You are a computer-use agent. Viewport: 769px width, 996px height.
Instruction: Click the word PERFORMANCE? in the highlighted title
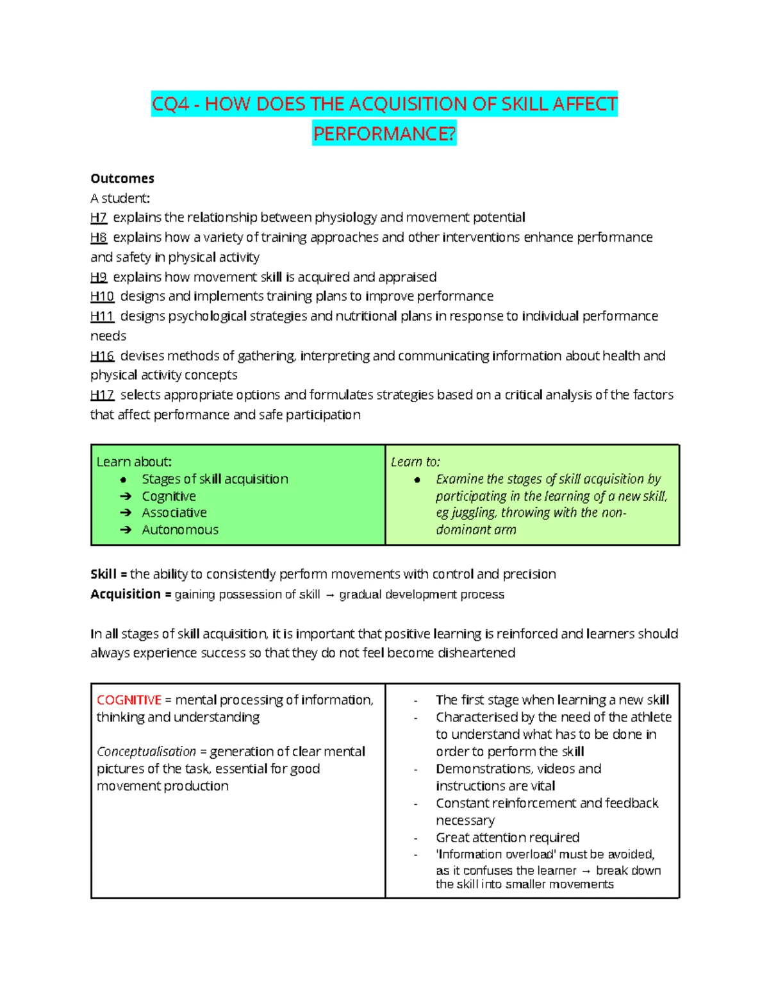click(x=384, y=133)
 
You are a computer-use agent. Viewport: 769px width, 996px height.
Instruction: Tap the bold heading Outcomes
click(x=122, y=178)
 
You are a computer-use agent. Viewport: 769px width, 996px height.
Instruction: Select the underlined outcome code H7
click(x=98, y=217)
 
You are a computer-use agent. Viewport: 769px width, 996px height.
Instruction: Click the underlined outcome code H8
click(x=99, y=237)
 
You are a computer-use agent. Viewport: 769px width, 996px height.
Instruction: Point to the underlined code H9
click(x=99, y=277)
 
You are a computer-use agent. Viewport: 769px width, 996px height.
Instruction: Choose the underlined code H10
click(x=102, y=296)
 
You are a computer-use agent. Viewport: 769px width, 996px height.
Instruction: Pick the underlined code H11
click(x=102, y=316)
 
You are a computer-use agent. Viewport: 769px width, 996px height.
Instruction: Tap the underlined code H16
click(x=102, y=356)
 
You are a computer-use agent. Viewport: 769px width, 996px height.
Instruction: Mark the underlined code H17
click(x=102, y=395)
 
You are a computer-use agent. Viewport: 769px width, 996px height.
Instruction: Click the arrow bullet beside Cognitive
click(x=126, y=496)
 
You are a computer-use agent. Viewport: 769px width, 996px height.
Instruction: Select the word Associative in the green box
click(x=174, y=513)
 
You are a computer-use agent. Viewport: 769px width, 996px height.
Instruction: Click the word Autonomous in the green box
click(x=180, y=530)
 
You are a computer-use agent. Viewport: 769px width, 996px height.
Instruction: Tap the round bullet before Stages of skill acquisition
click(x=124, y=480)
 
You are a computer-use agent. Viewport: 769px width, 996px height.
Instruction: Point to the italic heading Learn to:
click(x=415, y=462)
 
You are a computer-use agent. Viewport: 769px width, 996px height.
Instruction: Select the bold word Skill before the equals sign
click(x=104, y=574)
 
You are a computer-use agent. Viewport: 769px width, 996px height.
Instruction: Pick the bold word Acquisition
click(x=126, y=594)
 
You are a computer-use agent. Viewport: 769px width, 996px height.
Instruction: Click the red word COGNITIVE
click(x=129, y=700)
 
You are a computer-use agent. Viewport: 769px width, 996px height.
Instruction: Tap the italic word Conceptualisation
click(x=146, y=752)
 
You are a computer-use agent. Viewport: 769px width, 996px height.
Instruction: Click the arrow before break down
click(x=586, y=871)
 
